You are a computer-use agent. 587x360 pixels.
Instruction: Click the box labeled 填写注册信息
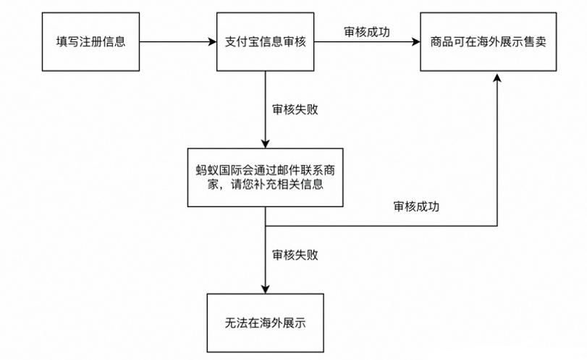[90, 41]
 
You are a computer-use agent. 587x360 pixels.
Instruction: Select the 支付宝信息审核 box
[266, 41]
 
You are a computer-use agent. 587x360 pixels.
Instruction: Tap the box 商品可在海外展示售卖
[489, 41]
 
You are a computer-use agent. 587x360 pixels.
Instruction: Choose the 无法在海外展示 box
[266, 323]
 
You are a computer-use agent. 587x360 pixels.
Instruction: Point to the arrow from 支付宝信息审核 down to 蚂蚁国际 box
[266, 109]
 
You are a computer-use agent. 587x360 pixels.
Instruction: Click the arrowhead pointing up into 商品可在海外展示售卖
[497, 78]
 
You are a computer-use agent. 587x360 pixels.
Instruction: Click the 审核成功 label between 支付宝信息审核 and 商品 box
[367, 31]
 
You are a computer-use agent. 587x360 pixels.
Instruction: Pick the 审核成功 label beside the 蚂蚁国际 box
[416, 206]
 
